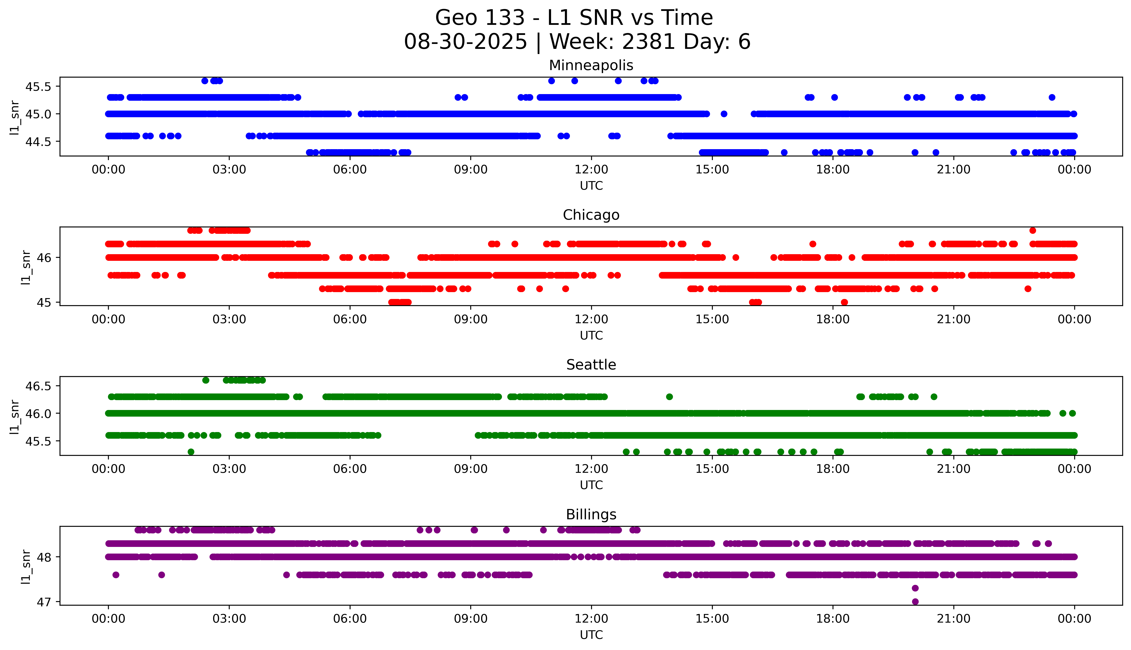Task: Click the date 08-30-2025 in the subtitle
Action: click(465, 42)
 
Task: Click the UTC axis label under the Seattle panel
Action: click(591, 485)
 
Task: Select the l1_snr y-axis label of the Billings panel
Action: click(26, 567)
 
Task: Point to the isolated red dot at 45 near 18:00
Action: click(844, 302)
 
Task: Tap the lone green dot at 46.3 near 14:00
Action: click(669, 396)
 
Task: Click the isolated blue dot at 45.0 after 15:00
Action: click(724, 114)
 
